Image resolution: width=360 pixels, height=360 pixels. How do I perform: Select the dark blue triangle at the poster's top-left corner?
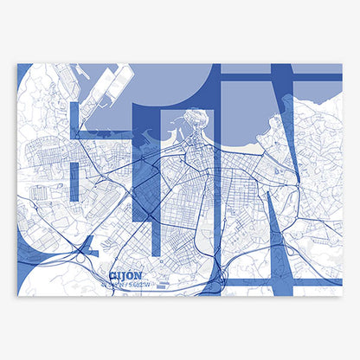coord(22,74)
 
